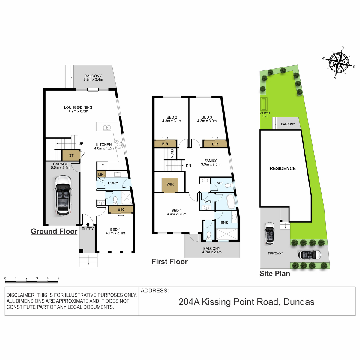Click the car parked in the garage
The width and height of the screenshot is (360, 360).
[63, 195]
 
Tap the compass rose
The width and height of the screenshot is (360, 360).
[339, 63]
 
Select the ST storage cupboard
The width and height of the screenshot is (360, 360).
[71, 155]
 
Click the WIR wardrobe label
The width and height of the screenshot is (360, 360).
[170, 184]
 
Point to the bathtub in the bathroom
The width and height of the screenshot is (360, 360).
[230, 202]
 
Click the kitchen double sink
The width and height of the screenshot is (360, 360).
[107, 127]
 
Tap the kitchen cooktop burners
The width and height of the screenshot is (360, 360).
[118, 144]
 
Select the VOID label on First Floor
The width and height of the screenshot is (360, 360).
[172, 153]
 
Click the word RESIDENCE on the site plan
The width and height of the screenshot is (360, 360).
[283, 168]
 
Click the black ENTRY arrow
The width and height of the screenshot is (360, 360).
[88, 224]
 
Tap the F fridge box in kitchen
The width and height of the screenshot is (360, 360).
[103, 166]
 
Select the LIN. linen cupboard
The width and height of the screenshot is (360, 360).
[101, 174]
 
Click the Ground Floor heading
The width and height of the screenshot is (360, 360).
[54, 231]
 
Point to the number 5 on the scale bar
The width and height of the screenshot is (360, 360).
[58, 278]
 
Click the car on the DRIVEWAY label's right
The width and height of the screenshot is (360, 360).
[309, 255]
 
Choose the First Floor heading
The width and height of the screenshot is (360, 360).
[169, 262]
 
